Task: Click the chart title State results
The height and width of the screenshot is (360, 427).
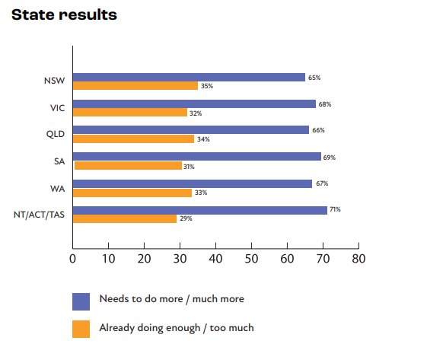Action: pos(64,15)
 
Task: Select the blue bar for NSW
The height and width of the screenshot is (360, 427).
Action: pos(189,77)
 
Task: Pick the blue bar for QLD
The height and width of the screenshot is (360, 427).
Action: pos(190,130)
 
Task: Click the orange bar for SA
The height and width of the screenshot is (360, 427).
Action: pos(127,166)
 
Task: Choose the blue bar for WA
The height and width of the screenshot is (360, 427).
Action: pos(192,183)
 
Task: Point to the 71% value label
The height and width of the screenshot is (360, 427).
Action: pos(335,209)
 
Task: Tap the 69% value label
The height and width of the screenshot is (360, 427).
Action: pos(329,157)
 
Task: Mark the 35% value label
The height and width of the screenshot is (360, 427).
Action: pos(206,87)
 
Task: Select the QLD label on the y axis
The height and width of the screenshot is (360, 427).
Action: pos(53,134)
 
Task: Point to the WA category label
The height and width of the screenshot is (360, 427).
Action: pos(56,187)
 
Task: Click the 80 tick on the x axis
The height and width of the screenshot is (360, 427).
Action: pos(358,259)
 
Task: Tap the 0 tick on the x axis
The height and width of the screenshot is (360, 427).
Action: pos(72,259)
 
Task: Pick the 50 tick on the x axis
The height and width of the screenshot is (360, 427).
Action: pos(251,259)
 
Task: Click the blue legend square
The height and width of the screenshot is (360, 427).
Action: pos(81,301)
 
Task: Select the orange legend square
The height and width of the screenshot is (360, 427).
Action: pos(81,329)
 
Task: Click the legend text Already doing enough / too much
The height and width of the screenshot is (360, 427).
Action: pos(176,328)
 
